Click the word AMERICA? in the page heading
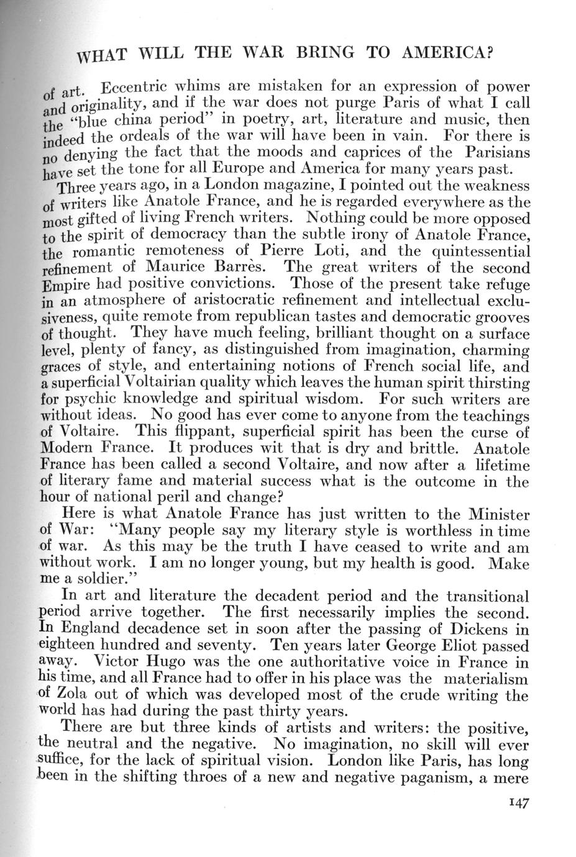point(447,52)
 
